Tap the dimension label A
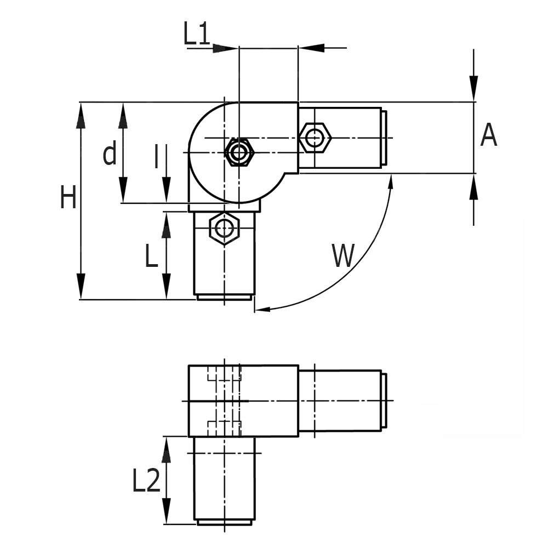[x=488, y=135]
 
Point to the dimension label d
[x=110, y=154]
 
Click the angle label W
[x=344, y=255]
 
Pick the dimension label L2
[x=146, y=481]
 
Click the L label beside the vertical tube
[x=152, y=256]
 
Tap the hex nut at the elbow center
[x=239, y=152]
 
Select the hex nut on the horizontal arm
[x=315, y=138]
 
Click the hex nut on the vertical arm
[x=224, y=227]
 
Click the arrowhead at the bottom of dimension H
[x=81, y=287]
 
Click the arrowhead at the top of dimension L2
[x=167, y=448]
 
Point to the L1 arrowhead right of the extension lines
[x=310, y=48]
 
